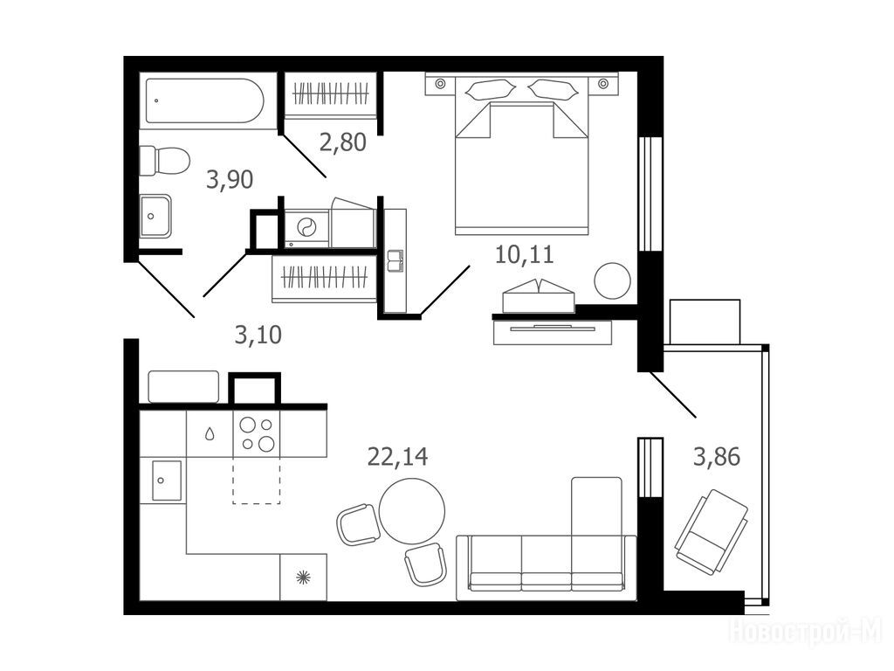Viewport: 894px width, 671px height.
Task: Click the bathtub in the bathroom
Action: (204, 100)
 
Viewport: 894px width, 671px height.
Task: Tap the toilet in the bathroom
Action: (164, 161)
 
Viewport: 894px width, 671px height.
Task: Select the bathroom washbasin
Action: (155, 216)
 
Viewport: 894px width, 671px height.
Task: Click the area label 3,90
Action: (230, 180)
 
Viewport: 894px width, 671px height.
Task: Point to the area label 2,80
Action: (342, 142)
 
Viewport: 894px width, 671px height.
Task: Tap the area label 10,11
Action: (524, 254)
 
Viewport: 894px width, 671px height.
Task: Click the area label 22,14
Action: (397, 456)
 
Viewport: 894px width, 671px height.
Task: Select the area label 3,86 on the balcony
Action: (717, 456)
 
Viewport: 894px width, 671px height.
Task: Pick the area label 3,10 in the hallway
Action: (258, 335)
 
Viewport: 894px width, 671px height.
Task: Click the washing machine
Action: (306, 228)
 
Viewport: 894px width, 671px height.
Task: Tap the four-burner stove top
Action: (257, 433)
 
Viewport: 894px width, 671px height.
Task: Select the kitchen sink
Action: (167, 481)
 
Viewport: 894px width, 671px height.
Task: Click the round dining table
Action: (412, 511)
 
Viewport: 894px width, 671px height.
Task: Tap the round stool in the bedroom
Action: (612, 280)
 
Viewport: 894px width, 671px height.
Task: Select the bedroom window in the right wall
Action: (650, 193)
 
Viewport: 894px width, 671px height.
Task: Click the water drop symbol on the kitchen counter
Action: (210, 434)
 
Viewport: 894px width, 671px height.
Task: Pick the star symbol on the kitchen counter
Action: (303, 577)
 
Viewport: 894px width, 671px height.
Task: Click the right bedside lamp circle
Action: (603, 84)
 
